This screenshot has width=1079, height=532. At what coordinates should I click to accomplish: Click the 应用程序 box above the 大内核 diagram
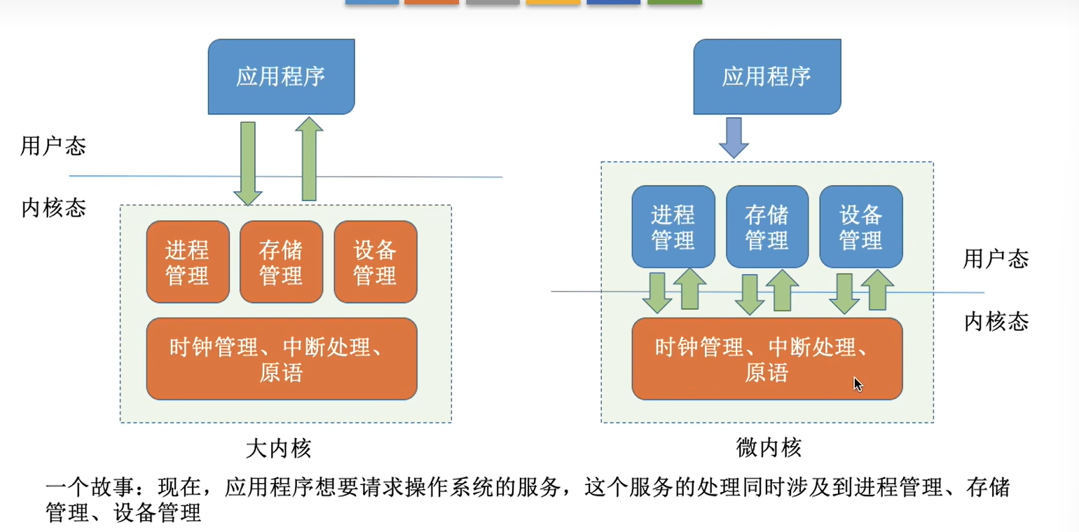(x=281, y=76)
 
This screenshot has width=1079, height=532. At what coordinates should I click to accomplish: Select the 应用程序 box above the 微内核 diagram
(x=767, y=76)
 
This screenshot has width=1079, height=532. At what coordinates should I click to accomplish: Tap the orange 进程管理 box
(x=188, y=261)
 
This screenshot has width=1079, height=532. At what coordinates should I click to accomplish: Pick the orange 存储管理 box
(x=281, y=261)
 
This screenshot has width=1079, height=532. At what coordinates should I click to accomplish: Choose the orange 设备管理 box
(x=376, y=261)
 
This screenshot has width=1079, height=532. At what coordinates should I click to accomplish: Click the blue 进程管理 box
(x=673, y=226)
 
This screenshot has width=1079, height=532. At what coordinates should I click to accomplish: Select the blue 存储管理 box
(x=767, y=226)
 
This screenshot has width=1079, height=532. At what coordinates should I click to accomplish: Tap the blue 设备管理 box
(x=860, y=226)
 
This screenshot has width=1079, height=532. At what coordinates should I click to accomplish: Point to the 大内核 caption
(x=278, y=447)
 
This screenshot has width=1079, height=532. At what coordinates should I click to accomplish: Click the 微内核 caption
(x=769, y=447)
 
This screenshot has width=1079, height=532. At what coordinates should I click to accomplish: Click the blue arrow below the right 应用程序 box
(x=734, y=137)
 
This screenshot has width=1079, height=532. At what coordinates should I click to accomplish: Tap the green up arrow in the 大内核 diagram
(x=308, y=159)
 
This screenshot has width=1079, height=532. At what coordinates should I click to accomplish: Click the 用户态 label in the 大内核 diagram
(x=53, y=146)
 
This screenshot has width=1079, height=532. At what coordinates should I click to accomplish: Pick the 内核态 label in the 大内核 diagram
(x=53, y=208)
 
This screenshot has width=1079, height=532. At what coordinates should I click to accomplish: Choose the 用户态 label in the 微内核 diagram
(x=996, y=259)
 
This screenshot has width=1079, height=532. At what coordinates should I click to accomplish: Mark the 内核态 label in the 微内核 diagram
(x=996, y=322)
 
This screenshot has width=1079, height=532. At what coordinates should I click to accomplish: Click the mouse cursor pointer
(x=858, y=383)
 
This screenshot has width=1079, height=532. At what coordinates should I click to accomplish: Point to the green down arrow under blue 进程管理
(x=657, y=293)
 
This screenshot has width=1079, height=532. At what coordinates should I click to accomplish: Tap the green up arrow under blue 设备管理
(x=877, y=289)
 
